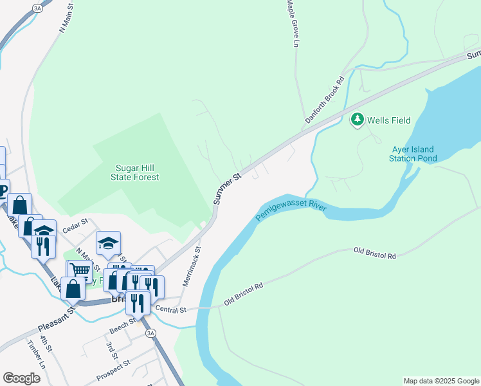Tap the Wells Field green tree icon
(x=357, y=120)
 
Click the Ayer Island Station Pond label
(x=414, y=154)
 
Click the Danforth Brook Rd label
(x=325, y=100)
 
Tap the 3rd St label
(x=112, y=351)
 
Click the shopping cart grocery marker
(x=80, y=271)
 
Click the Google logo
(x=21, y=378)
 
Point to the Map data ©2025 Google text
(x=440, y=381)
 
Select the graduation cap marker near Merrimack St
(x=109, y=243)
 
